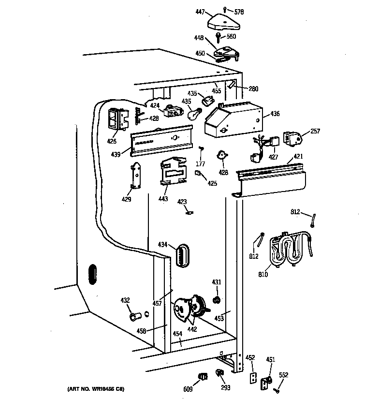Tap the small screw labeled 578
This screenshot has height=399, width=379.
pyautogui.click(x=226, y=10)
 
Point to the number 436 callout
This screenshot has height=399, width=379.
pyautogui.click(x=275, y=114)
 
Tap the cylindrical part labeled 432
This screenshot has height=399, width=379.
pyautogui.click(x=134, y=317)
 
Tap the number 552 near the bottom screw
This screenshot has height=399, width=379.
pyautogui.click(x=283, y=375)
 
